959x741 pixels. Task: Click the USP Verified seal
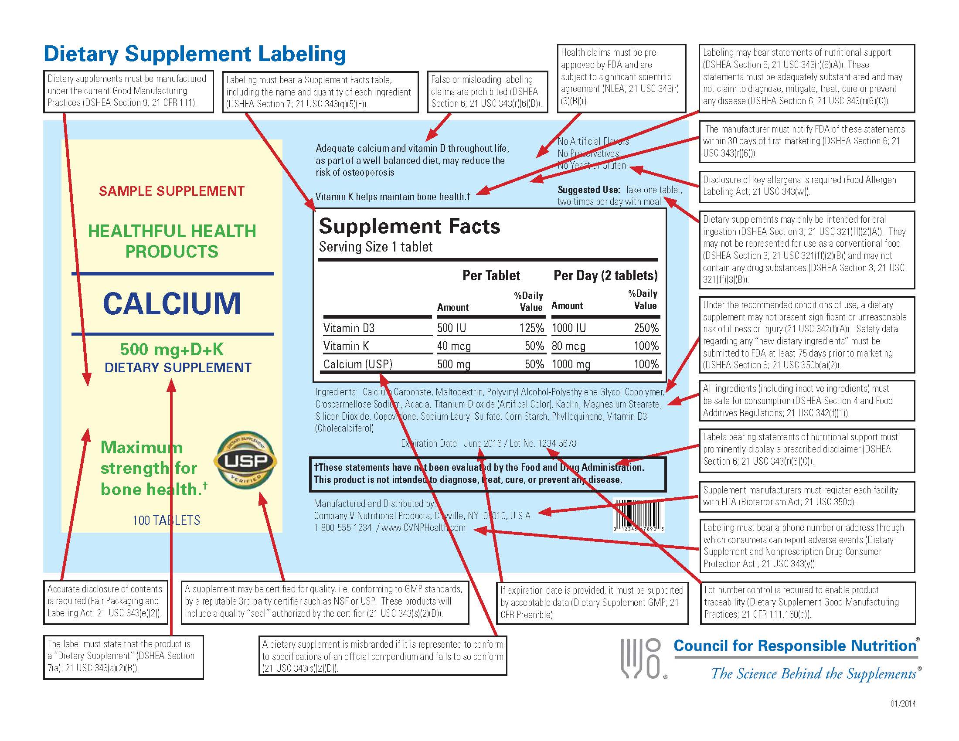(x=245, y=461)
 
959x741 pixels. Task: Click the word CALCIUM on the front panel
(x=172, y=304)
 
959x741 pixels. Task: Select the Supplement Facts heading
(x=409, y=227)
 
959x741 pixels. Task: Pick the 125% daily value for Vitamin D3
(x=531, y=328)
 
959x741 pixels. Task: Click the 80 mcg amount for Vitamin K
(x=568, y=347)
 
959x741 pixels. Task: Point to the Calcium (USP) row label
(x=358, y=364)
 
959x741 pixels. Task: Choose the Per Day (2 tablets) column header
(x=605, y=275)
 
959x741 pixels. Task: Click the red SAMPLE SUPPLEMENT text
(x=172, y=191)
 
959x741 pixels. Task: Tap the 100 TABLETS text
(x=167, y=520)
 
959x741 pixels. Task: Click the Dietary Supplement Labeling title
(x=195, y=54)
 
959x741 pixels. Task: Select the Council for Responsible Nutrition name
(x=795, y=646)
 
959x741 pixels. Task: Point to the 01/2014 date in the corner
(x=903, y=704)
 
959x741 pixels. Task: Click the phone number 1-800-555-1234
(x=343, y=528)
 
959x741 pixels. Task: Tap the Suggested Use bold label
(x=588, y=190)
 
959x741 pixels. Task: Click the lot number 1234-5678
(x=557, y=443)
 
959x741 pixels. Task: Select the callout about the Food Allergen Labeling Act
(x=806, y=186)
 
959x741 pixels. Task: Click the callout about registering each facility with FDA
(x=806, y=496)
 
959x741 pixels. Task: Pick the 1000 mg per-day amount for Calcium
(x=571, y=364)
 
